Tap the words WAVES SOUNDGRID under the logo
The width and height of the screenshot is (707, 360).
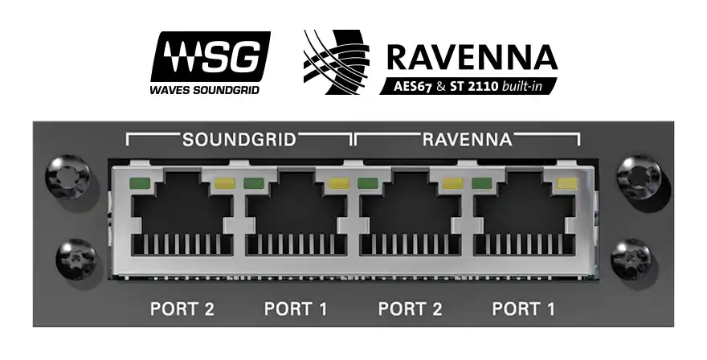coord(204,89)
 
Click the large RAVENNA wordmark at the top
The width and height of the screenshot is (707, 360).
coord(471,56)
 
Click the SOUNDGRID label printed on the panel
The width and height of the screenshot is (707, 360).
coord(239,139)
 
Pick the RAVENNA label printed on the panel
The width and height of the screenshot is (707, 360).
coord(467,139)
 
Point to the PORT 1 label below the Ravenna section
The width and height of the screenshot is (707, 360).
coord(524,308)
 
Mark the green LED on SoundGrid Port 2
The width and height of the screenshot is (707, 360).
coord(139,182)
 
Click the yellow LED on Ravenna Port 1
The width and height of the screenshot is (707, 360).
coord(566,183)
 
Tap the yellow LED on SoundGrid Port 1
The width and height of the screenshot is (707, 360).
coord(338,183)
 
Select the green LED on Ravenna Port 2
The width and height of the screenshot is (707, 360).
coord(367,182)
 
